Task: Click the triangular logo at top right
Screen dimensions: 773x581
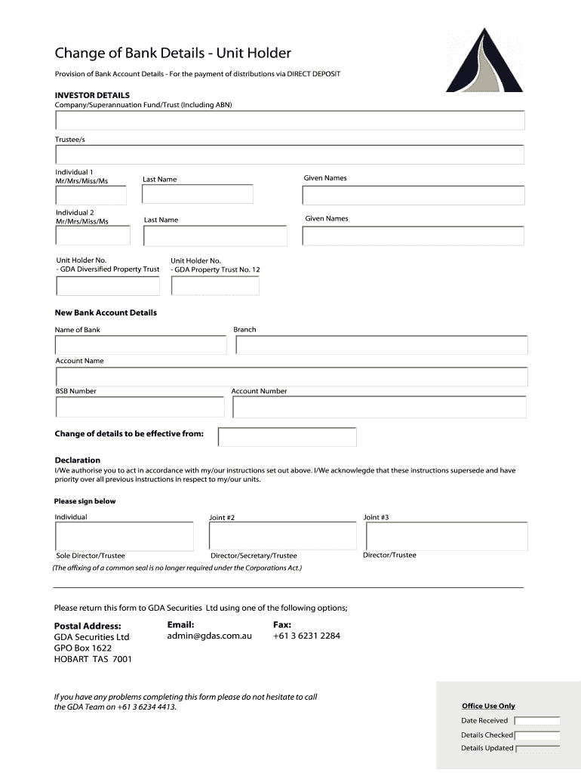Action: point(483,62)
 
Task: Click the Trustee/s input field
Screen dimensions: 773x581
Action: point(290,155)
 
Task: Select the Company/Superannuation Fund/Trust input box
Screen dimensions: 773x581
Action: point(290,120)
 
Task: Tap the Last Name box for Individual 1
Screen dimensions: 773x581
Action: point(198,194)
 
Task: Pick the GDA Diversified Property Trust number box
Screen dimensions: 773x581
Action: point(107,286)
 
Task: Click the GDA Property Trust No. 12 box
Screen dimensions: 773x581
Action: point(215,286)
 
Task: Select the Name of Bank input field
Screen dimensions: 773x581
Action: point(140,345)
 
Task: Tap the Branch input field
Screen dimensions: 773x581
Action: point(381,345)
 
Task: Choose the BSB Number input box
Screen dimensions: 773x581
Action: point(140,408)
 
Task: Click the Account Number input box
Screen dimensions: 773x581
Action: point(379,408)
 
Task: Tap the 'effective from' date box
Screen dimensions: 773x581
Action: point(287,437)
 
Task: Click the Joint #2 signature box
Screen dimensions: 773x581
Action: point(281,537)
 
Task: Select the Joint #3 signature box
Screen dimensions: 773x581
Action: point(447,537)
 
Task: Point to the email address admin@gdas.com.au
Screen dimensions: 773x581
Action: point(209,636)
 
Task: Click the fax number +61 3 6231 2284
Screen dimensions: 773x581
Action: point(306,636)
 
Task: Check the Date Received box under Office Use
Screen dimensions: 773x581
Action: point(536,721)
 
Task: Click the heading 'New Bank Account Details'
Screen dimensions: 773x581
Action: point(106,313)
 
